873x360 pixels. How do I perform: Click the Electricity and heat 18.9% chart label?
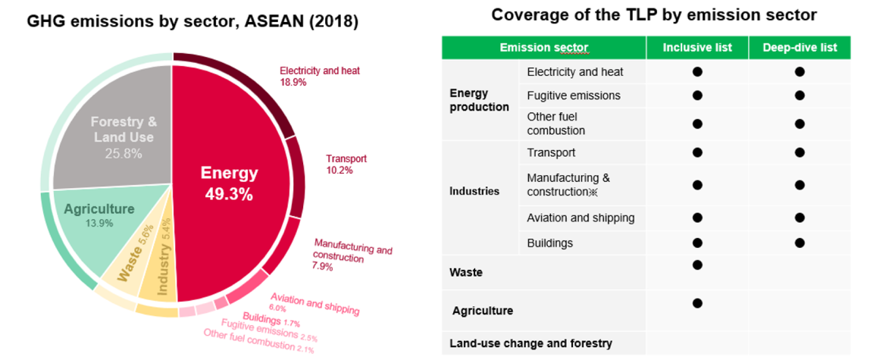(x=320, y=76)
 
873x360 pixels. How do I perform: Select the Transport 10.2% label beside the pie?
(x=346, y=164)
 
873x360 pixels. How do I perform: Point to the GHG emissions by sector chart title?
(x=192, y=21)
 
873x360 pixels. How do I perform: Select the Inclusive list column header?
(x=697, y=48)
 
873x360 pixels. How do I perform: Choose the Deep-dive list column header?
(x=799, y=48)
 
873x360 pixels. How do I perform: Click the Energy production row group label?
(x=479, y=99)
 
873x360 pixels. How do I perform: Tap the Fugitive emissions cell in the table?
(x=573, y=95)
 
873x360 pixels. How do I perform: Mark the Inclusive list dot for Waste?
(x=697, y=265)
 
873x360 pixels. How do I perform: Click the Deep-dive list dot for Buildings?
(x=799, y=243)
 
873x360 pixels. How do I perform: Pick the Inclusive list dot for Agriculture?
(x=697, y=303)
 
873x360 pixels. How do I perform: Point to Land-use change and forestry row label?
(x=530, y=343)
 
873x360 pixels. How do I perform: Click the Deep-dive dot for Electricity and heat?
(x=799, y=72)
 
